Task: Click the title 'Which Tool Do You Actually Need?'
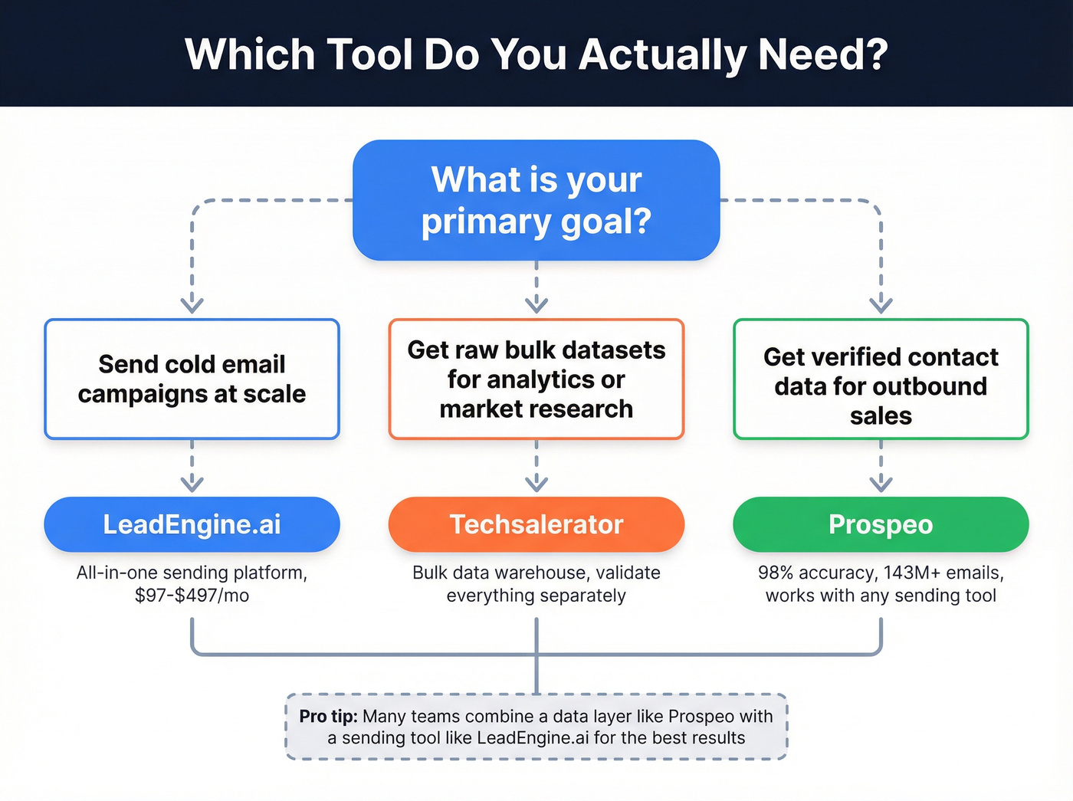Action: click(536, 54)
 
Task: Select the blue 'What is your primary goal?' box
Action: click(536, 200)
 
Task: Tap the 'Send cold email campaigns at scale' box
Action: click(192, 379)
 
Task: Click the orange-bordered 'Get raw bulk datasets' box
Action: click(536, 379)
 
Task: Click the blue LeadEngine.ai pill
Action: click(192, 524)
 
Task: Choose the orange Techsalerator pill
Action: click(536, 524)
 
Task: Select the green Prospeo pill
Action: click(881, 524)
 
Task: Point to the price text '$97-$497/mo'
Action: click(192, 596)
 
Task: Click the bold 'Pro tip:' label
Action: click(328, 716)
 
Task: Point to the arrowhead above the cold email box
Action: click(192, 304)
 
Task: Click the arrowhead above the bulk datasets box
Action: click(536, 304)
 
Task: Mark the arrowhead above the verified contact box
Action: click(881, 304)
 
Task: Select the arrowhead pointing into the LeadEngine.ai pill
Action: click(192, 483)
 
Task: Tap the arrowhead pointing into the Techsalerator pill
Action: click(536, 483)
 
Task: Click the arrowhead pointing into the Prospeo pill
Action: click(881, 483)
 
